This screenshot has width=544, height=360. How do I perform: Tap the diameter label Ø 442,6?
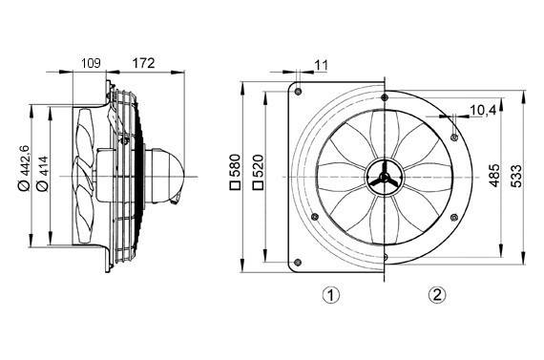pyautogui.click(x=24, y=176)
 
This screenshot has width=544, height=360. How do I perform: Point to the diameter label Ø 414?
pyautogui.click(x=41, y=176)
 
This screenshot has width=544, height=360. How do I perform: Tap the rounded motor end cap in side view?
pyautogui.click(x=169, y=176)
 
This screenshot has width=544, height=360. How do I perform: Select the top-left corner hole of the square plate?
pyautogui.click(x=300, y=92)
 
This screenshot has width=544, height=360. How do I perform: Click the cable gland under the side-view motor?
pyautogui.click(x=178, y=200)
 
